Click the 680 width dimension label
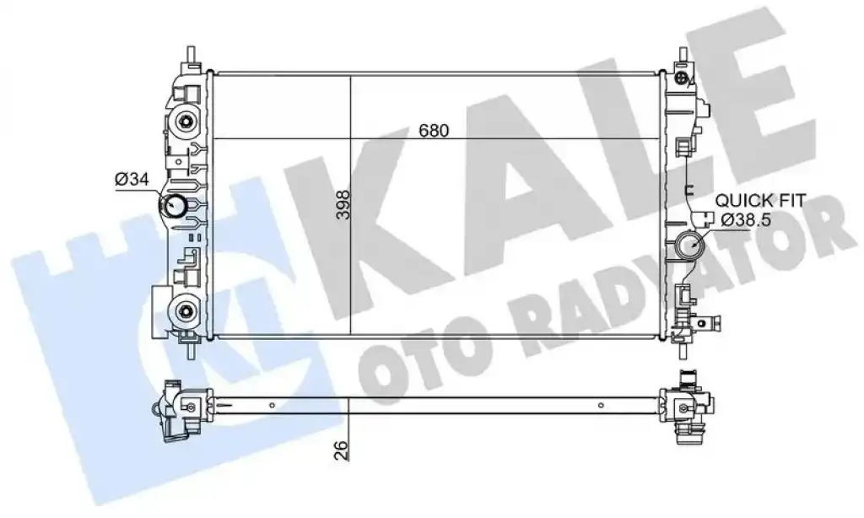[434, 131]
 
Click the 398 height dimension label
[344, 204]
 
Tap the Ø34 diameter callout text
[132, 179]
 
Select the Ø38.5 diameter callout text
[745, 220]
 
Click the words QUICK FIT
[760, 200]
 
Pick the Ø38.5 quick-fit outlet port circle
[688, 246]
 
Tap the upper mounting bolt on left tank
[185, 121]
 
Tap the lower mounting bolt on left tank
[185, 312]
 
